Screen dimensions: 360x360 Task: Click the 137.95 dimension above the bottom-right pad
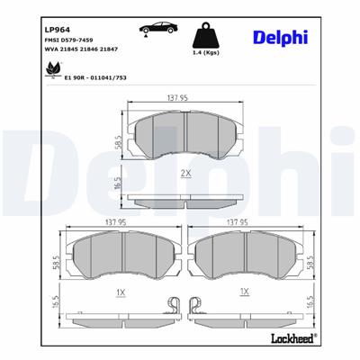[x=237, y=221]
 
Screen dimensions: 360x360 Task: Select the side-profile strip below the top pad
[x=183, y=200]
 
